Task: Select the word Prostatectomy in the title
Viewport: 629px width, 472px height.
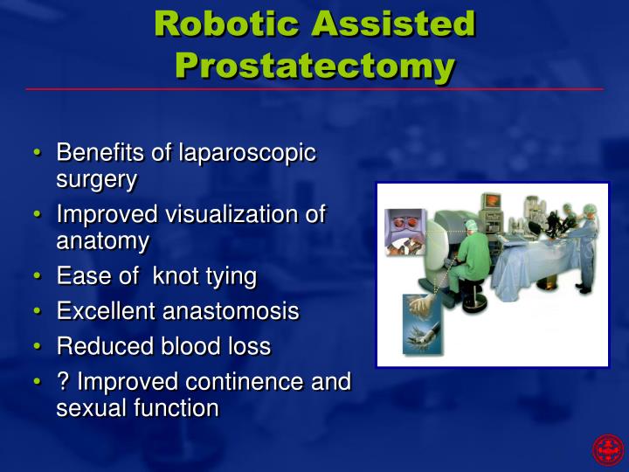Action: [x=314, y=66]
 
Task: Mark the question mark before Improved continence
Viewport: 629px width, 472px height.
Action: [x=63, y=382]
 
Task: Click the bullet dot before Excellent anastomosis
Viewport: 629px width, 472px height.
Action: [x=38, y=312]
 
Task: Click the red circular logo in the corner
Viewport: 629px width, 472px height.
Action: [x=608, y=450]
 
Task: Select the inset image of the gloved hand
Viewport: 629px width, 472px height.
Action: [x=421, y=323]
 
